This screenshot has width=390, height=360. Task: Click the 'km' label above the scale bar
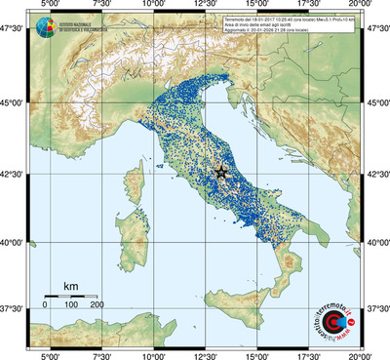click(70, 286)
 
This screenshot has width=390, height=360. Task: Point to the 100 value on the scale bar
click(71, 304)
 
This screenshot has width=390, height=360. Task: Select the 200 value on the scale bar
click(97, 304)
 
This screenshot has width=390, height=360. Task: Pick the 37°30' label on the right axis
click(377, 307)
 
